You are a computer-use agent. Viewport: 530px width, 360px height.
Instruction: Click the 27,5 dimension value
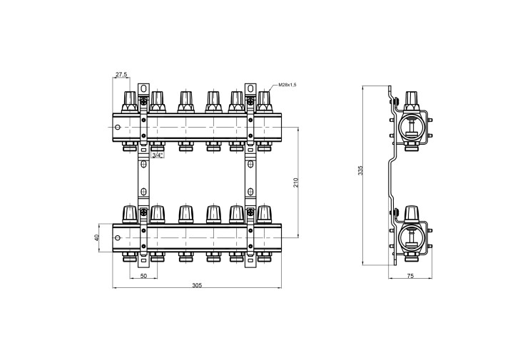click(x=122, y=74)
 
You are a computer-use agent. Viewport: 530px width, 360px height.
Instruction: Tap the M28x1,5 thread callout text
click(x=287, y=85)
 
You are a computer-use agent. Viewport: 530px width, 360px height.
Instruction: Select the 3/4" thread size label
click(x=158, y=155)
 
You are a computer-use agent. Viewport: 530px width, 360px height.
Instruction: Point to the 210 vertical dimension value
click(x=296, y=182)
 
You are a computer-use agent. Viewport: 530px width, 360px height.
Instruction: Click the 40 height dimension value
click(x=97, y=237)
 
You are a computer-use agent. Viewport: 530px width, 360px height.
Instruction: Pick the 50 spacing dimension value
click(x=143, y=276)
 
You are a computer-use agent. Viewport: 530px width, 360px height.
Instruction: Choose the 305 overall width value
click(x=197, y=285)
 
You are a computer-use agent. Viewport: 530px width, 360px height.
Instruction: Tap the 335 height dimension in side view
click(x=360, y=170)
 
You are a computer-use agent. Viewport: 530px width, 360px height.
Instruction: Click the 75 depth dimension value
click(x=410, y=276)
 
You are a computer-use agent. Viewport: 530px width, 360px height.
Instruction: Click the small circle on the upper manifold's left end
click(x=117, y=128)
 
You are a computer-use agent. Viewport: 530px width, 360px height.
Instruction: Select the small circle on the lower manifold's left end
click(x=117, y=238)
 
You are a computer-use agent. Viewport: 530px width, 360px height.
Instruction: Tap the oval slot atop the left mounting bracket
click(x=143, y=89)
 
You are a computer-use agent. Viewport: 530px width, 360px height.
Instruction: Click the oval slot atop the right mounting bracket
click(x=250, y=89)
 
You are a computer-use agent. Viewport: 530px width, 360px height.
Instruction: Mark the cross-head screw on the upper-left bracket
click(x=144, y=101)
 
